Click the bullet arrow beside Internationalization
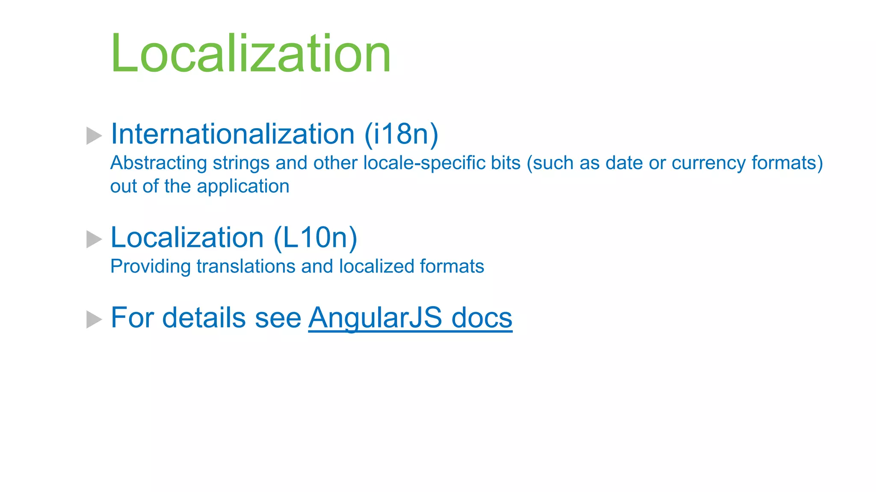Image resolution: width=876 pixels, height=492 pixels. (94, 136)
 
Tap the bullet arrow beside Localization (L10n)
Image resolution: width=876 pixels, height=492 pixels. (94, 239)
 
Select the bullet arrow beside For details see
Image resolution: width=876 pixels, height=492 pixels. (94, 319)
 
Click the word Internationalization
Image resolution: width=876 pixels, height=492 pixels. (233, 134)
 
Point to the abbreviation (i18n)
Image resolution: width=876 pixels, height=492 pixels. (401, 134)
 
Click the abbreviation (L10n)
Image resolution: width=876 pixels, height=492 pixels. (315, 237)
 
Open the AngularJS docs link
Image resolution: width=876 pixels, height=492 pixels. (410, 318)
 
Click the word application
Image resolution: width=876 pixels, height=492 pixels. (243, 187)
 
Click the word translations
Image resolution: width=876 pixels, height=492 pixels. (246, 266)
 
